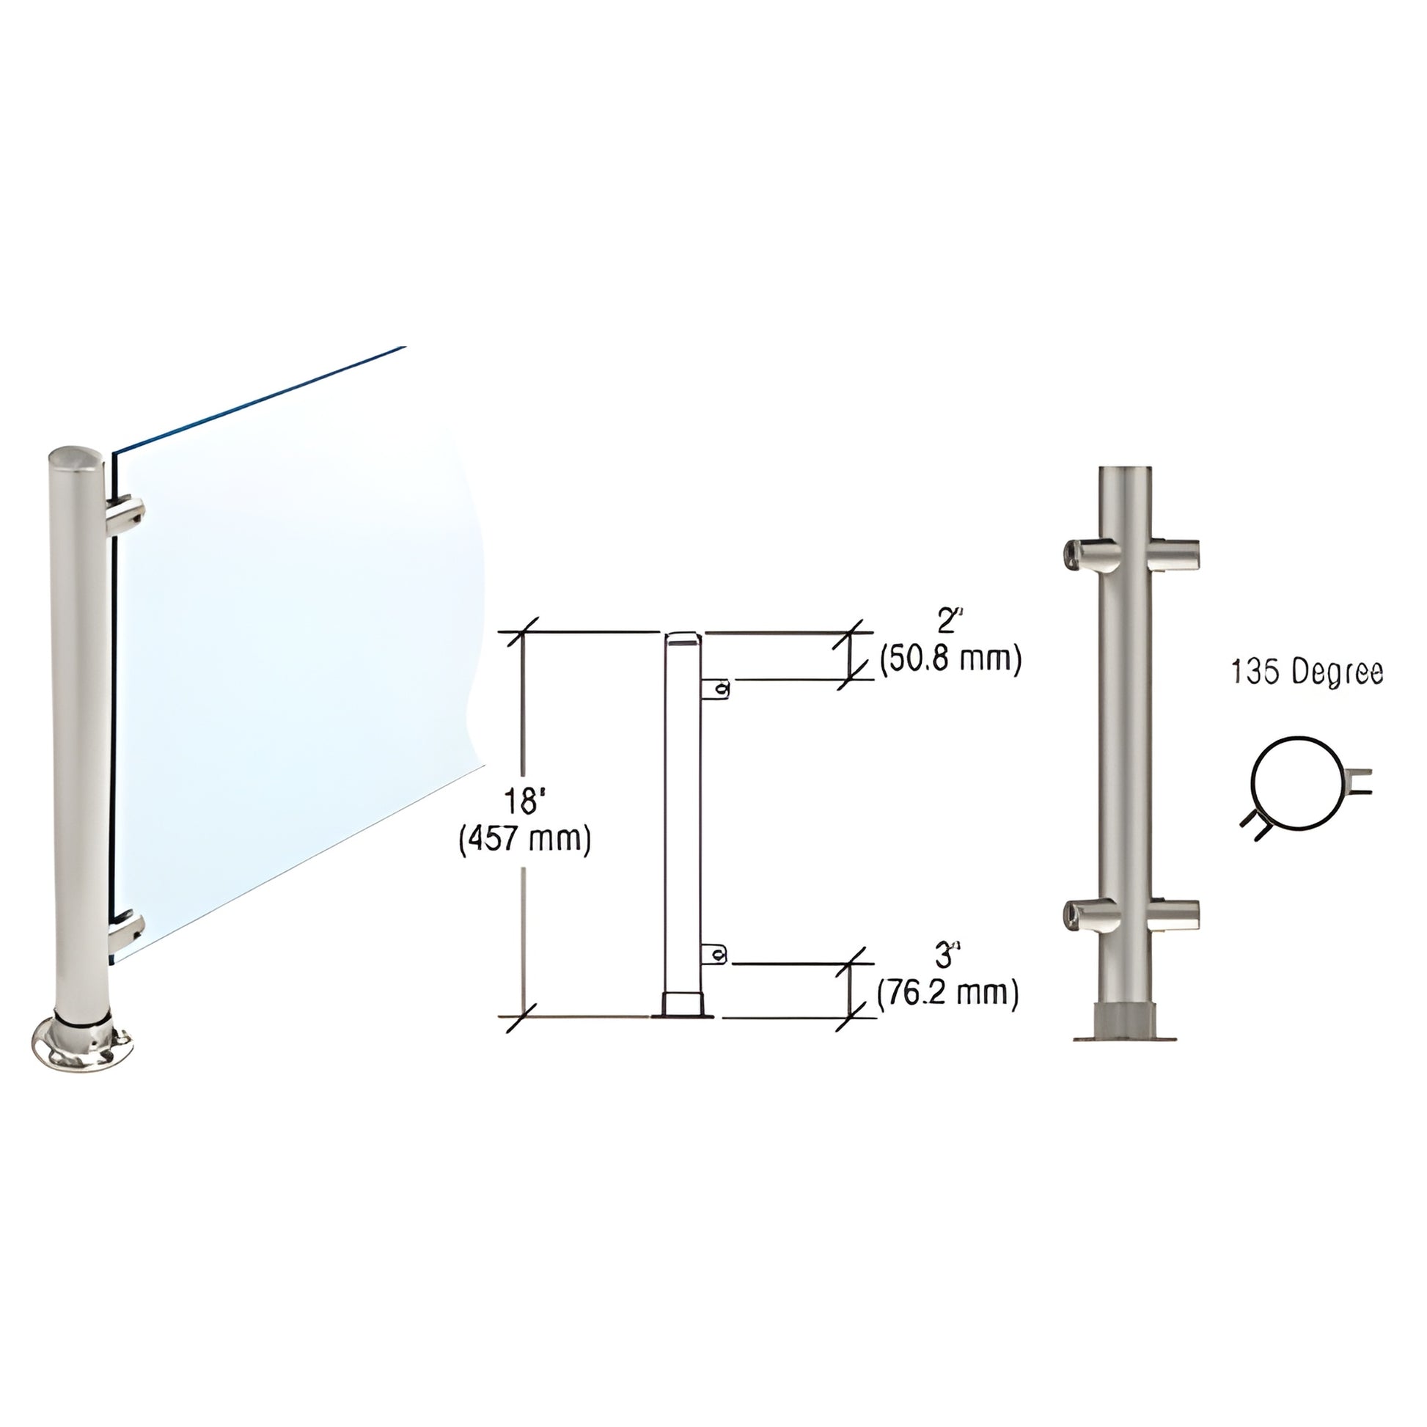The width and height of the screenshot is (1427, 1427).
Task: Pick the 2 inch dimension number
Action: pyautogui.click(x=946, y=622)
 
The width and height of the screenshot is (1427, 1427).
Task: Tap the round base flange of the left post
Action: pyautogui.click(x=83, y=1043)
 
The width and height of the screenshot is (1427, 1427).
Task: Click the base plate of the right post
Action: pyautogui.click(x=1124, y=1034)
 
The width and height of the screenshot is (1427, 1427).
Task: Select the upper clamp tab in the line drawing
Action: pyautogui.click(x=715, y=689)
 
